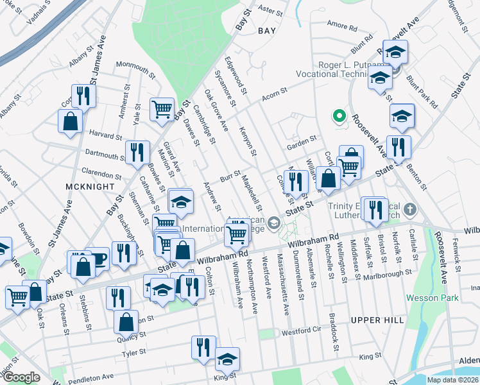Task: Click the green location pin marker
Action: tap(339, 116)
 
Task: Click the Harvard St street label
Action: tap(105, 136)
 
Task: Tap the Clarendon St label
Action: tap(101, 175)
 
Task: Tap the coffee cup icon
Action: tap(98, 259)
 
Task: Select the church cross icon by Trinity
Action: tap(410, 210)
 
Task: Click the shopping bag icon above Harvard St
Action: tap(70, 121)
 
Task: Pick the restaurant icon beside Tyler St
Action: tap(203, 347)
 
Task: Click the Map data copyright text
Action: tap(452, 380)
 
